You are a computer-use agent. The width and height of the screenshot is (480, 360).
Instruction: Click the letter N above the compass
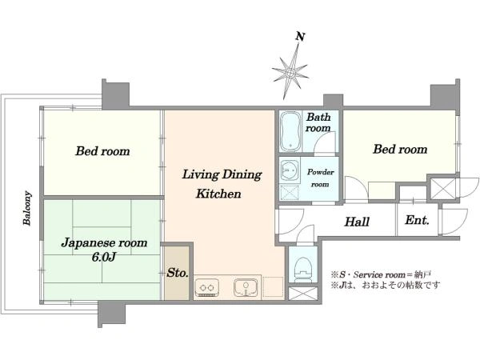tap(300, 37)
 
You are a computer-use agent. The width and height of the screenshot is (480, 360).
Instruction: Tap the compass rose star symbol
tap(290, 73)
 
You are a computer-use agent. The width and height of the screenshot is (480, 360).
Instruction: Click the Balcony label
tap(27, 208)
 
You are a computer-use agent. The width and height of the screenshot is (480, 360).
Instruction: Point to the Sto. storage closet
tap(177, 273)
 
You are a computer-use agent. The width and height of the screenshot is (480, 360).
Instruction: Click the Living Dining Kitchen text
tap(222, 184)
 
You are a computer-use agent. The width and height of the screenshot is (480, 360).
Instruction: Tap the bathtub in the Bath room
tap(290, 131)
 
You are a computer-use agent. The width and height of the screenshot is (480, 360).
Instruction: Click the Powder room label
tap(320, 178)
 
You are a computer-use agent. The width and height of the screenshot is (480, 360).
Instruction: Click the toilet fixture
tap(303, 269)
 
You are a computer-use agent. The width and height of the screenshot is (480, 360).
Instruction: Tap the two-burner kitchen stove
tap(206, 287)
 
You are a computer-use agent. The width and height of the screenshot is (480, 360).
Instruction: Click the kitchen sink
tap(246, 287)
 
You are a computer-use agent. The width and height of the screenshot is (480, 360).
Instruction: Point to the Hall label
tap(357, 222)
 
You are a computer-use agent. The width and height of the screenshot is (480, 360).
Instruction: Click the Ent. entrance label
tap(417, 220)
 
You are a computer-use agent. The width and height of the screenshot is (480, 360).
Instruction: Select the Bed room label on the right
tap(400, 150)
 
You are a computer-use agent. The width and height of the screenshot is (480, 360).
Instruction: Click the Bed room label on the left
tap(102, 151)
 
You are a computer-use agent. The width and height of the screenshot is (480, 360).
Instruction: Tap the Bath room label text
tap(318, 122)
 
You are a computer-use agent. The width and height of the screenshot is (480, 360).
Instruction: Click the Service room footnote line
tap(381, 274)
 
